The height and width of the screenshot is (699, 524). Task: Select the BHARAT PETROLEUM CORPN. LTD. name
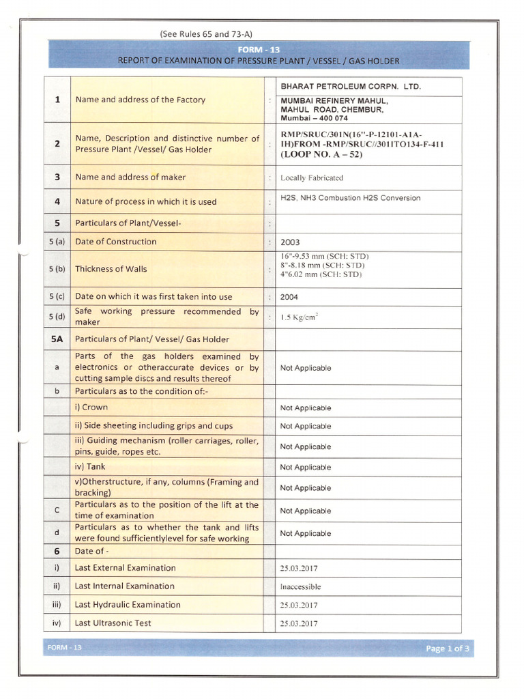(351, 87)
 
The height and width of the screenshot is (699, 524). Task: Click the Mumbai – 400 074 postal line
(314, 118)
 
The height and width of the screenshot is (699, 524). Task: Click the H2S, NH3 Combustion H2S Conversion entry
(351, 198)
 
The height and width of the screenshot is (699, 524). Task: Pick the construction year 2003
(290, 242)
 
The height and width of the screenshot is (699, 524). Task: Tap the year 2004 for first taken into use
(289, 297)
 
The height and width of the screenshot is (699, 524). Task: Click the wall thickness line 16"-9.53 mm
(324, 256)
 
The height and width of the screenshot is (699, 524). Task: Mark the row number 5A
(57, 339)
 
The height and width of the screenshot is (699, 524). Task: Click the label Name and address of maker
(130, 177)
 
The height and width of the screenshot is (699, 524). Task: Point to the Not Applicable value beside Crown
(306, 408)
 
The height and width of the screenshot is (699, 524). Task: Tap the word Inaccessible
(300, 586)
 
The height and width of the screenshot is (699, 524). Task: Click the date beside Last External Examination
(299, 568)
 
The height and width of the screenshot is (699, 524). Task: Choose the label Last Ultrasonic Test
(113, 623)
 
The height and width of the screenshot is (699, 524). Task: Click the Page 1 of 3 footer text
(447, 648)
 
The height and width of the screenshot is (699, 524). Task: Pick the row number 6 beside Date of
(57, 551)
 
